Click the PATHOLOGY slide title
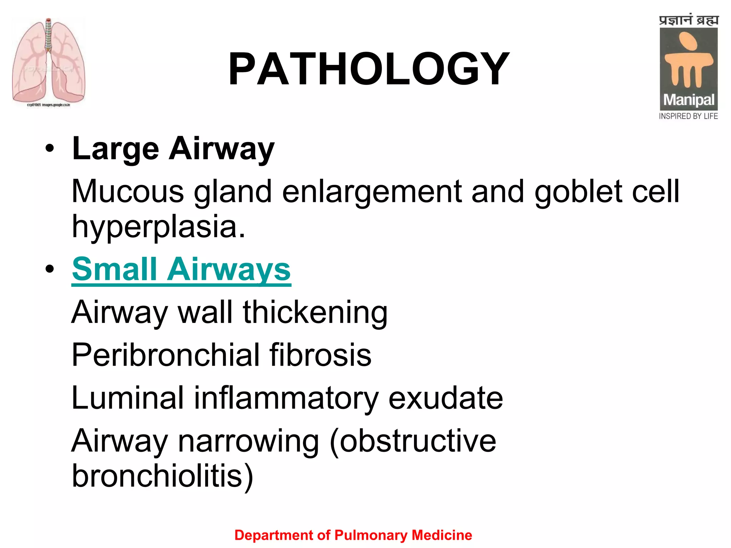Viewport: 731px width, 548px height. (x=369, y=69)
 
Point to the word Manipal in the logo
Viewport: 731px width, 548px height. (x=689, y=100)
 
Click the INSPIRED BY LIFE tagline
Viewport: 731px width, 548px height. (x=688, y=116)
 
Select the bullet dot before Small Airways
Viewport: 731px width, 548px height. (x=50, y=269)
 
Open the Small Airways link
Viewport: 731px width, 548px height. (x=181, y=269)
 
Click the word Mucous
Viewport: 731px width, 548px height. (x=128, y=192)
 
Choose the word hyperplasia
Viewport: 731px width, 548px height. (x=158, y=227)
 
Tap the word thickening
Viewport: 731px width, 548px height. (x=315, y=313)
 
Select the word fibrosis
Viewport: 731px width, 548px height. (x=320, y=355)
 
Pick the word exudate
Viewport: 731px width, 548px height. (x=445, y=398)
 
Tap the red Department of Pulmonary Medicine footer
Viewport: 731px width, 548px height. (x=353, y=535)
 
